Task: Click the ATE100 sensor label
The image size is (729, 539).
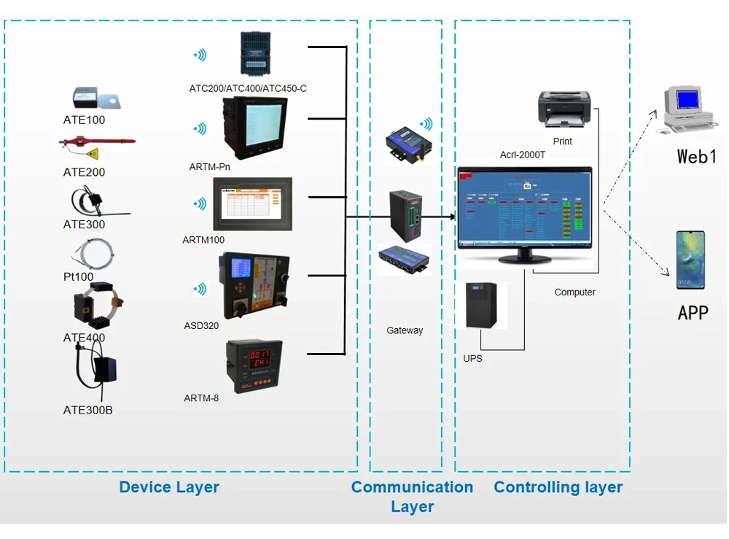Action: click(x=84, y=120)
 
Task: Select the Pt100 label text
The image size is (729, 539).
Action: click(x=78, y=276)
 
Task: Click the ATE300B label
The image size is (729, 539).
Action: click(x=87, y=410)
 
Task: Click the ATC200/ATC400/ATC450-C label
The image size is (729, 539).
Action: click(x=248, y=89)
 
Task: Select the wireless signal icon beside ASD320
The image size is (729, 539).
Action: click(x=198, y=289)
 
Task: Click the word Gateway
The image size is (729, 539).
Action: click(x=405, y=330)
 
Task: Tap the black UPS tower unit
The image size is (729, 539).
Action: click(x=480, y=306)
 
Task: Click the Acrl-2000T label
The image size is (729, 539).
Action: click(x=523, y=155)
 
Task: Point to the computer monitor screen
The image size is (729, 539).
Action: click(x=524, y=209)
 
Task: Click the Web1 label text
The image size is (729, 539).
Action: click(x=697, y=155)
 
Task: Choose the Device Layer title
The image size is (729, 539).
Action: click(x=169, y=487)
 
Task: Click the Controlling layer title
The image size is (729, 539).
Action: click(x=558, y=487)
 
